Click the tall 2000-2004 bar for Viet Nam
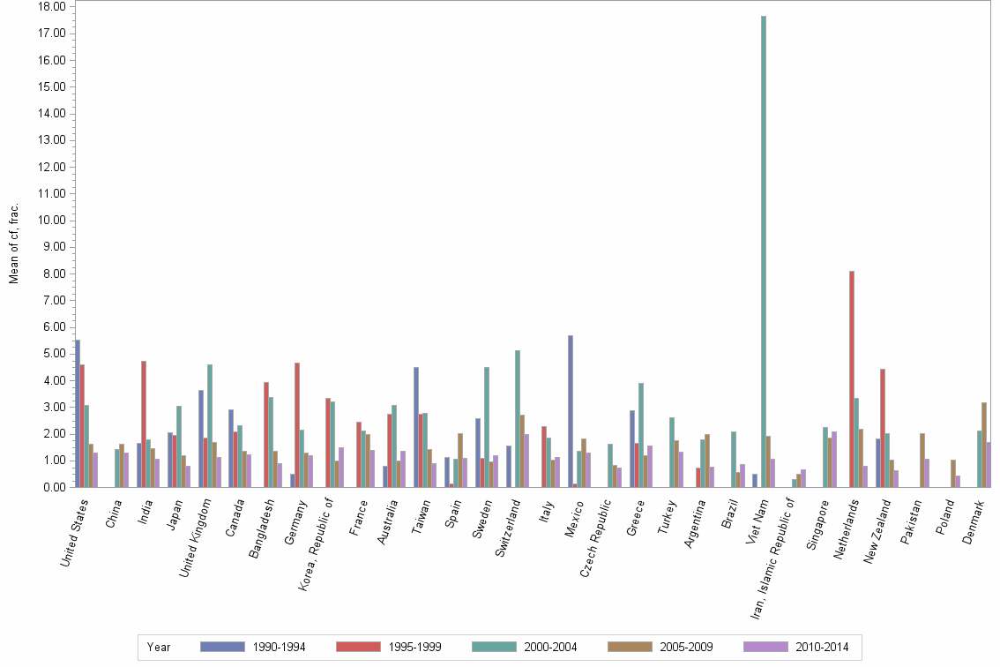coord(764,251)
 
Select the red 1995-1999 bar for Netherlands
coord(851,379)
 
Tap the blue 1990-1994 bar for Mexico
coord(571,411)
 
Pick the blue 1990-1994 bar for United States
coord(78,414)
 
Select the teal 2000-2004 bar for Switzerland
coord(518,419)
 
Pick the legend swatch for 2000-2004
coord(495,647)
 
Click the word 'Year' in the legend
coord(159,647)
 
